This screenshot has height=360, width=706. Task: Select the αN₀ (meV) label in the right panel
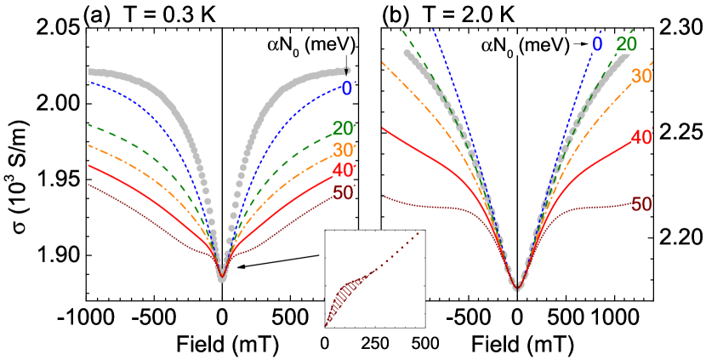point(525,44)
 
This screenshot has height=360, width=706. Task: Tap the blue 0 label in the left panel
point(346,88)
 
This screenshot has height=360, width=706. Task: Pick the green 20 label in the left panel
point(343,129)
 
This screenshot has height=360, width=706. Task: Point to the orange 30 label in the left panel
point(343,150)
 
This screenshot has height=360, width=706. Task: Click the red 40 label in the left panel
point(343,171)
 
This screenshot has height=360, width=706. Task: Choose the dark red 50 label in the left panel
point(343,193)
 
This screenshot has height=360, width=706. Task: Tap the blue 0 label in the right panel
point(597,44)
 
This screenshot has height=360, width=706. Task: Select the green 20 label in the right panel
point(626,44)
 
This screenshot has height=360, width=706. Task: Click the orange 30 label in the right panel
point(641,76)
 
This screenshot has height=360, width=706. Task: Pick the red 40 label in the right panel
point(641,136)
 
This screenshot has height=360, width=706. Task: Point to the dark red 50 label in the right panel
point(641,203)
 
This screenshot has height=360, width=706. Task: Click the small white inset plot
point(375,277)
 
